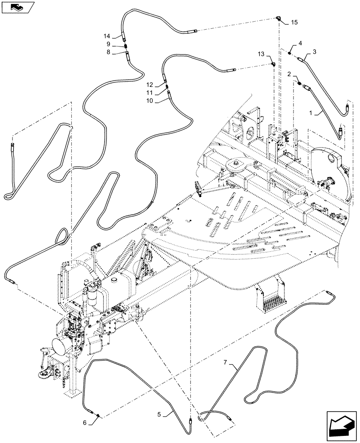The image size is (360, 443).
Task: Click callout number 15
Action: tap(295, 22)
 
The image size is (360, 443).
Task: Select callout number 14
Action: tap(106, 36)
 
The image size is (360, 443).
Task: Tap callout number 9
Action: tap(108, 44)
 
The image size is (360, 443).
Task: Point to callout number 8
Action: tap(108, 52)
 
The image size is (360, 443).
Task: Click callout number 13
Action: tap(261, 54)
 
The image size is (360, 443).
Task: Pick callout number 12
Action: tap(150, 85)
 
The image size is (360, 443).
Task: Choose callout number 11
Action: tap(150, 93)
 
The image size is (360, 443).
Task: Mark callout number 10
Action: tap(150, 101)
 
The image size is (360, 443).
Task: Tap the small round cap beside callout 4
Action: tap(290, 53)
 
